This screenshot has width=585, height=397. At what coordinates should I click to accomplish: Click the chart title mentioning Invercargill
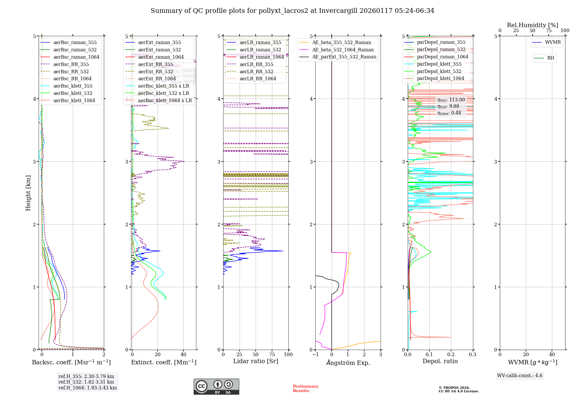coord(292,11)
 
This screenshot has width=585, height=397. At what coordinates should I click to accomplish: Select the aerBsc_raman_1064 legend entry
coord(76,57)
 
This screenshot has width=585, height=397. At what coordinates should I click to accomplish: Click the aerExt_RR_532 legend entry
coord(159,72)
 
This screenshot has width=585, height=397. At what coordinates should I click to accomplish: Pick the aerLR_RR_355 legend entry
coord(256,64)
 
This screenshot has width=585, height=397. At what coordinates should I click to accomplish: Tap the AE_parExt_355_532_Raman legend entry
coord(344,57)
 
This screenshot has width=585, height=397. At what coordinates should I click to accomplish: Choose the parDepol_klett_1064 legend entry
coord(440,78)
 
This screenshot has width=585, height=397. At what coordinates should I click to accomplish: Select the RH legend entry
coord(550,58)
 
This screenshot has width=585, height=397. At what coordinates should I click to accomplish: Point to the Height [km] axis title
coord(28,193)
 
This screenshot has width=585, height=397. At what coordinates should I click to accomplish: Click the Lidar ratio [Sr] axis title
coord(256,361)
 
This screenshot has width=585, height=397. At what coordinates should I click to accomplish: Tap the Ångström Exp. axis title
coord(348,363)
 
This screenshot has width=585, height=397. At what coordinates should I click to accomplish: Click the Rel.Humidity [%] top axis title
coord(532,25)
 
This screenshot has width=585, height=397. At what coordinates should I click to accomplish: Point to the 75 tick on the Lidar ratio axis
coord(272,354)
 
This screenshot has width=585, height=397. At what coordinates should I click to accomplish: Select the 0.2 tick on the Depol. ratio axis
coord(451,354)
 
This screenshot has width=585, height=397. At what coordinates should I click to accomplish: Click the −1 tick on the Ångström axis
coord(315,354)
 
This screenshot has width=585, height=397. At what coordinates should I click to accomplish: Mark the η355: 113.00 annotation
coord(451,100)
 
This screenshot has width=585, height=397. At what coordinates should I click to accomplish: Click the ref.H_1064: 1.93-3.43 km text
coord(87,388)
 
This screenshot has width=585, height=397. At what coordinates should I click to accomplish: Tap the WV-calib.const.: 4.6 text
coord(520,375)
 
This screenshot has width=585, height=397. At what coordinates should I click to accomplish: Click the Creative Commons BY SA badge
coord(216,386)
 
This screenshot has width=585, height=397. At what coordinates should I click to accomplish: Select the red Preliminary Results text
coord(305,389)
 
